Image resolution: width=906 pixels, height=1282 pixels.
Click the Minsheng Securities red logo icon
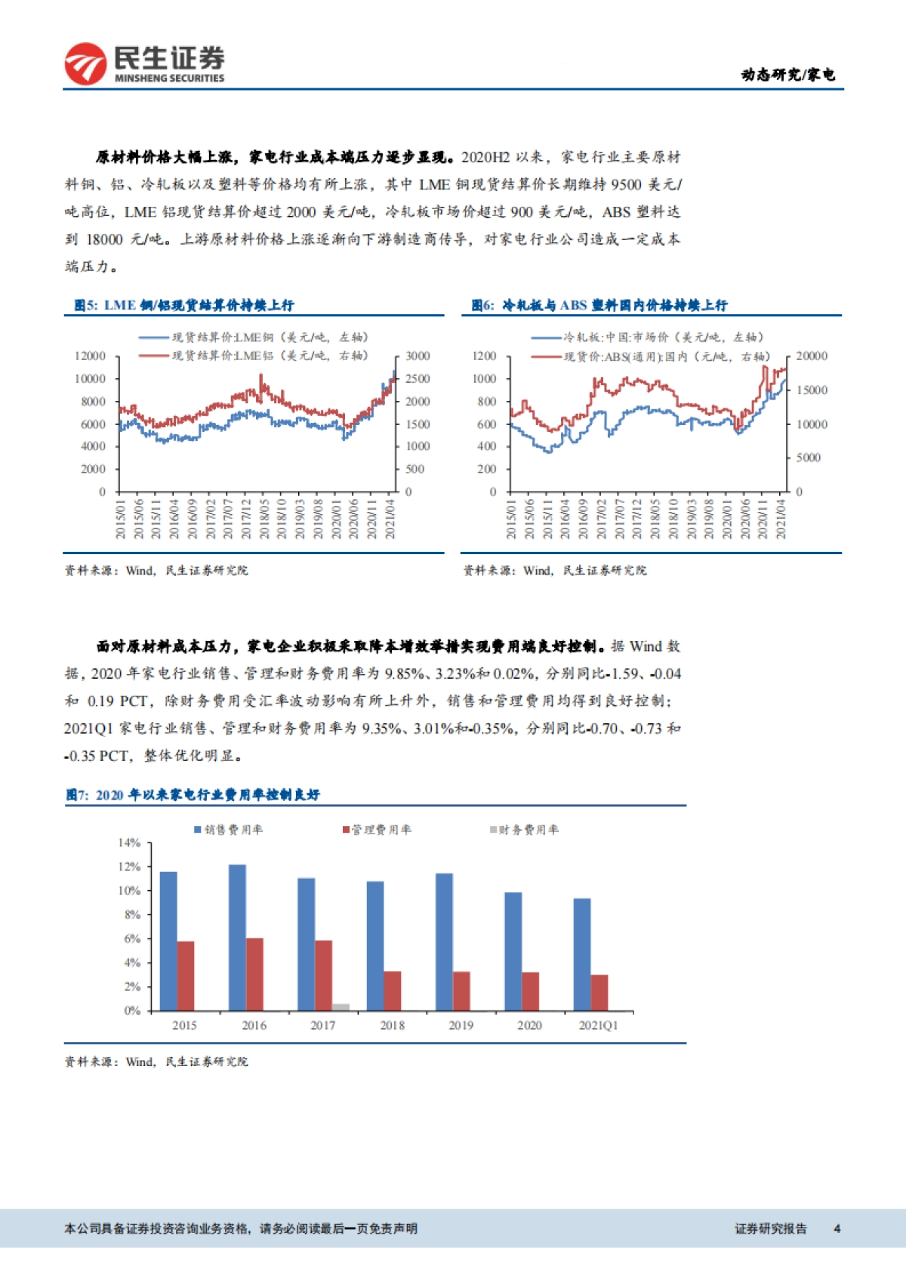(85, 63)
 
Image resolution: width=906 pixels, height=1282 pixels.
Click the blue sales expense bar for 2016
(237, 937)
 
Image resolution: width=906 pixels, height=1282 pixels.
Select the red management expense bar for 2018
(393, 991)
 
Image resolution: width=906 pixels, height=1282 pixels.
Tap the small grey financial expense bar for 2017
(341, 1006)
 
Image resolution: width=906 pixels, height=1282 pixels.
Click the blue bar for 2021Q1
(582, 954)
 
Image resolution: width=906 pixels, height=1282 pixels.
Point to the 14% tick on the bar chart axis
(129, 843)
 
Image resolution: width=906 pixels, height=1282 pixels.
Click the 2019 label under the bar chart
(461, 1025)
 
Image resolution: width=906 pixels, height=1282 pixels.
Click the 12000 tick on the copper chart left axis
(90, 356)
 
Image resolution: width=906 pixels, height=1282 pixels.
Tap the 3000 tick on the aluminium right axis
(418, 356)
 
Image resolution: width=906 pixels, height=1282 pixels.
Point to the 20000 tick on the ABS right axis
(812, 356)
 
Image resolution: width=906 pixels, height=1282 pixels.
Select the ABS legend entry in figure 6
(664, 356)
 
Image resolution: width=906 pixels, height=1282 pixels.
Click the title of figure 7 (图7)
(193, 794)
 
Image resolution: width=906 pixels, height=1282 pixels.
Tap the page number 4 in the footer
(837, 1228)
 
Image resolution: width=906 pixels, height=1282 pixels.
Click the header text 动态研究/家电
(787, 74)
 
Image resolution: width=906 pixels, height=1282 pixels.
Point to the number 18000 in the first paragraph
(104, 239)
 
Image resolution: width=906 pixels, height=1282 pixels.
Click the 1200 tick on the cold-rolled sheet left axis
(484, 356)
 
